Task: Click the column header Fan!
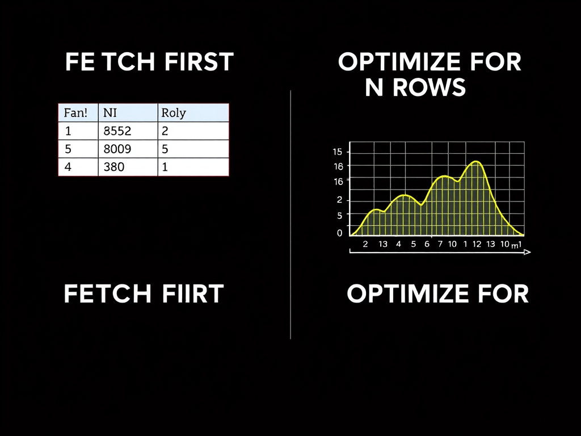coord(76,112)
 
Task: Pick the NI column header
coord(110,112)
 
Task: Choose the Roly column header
coord(174,112)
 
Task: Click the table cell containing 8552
coord(117,131)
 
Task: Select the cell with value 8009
coord(117,149)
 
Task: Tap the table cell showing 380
coord(114,167)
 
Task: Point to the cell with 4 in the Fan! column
coord(68,167)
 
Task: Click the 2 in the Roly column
coord(165,131)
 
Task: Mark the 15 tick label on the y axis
coord(338,152)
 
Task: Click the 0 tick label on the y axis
coord(339,233)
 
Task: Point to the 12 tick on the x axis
coord(477,244)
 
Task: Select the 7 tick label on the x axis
coord(440,244)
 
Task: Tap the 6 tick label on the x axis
coord(427,244)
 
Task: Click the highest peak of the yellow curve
coord(477,162)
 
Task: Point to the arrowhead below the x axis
coord(528,252)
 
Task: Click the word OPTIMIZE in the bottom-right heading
coord(405,294)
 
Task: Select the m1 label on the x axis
coord(516,245)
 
